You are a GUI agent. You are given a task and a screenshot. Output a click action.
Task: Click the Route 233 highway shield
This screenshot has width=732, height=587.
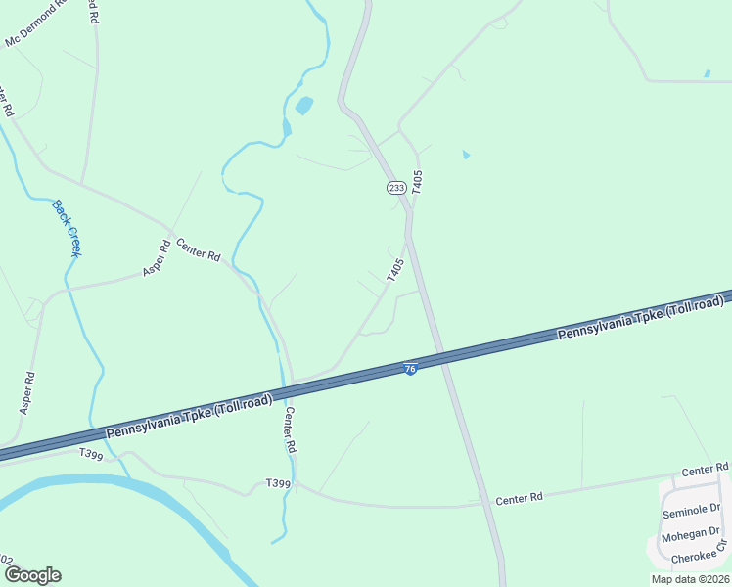(x=395, y=187)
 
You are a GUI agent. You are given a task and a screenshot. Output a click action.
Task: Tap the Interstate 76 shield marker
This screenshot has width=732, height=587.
(x=410, y=368)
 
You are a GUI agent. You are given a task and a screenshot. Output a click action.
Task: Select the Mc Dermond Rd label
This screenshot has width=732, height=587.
(x=35, y=23)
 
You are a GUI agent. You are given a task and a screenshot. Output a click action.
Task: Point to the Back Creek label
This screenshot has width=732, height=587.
(x=68, y=229)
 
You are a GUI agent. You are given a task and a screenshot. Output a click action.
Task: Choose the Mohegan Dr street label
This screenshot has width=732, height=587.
(x=689, y=537)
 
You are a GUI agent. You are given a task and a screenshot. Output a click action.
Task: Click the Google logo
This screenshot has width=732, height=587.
(x=32, y=575)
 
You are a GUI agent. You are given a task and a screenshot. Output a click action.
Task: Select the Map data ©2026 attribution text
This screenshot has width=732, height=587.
(x=690, y=579)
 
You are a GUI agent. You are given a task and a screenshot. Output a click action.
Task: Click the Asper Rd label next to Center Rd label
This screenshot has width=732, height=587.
(x=157, y=258)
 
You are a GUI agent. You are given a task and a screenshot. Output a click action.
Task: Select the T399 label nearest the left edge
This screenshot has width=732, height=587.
(x=90, y=454)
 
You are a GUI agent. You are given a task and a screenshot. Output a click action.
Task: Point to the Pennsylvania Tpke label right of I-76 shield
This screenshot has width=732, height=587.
(x=640, y=320)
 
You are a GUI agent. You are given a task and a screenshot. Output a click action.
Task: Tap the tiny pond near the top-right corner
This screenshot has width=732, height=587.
(x=707, y=73)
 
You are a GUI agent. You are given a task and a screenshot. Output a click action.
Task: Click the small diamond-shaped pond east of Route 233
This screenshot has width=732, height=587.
(x=466, y=154)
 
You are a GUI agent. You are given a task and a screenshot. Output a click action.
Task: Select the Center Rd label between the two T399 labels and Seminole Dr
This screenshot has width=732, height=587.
(x=519, y=499)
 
